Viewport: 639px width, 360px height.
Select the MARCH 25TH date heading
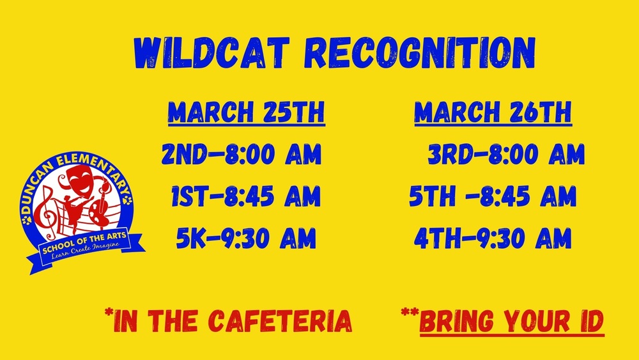click(246, 113)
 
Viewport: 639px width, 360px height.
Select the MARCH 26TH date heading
click(493, 113)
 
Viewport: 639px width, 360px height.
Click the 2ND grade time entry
click(241, 154)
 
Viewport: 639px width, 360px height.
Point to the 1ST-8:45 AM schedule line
click(245, 196)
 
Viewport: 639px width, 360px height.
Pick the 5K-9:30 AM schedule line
click(246, 239)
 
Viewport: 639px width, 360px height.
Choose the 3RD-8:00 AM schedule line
click(506, 154)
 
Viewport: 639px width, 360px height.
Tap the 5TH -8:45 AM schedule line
click(493, 196)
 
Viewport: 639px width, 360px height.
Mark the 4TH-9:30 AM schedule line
click(493, 239)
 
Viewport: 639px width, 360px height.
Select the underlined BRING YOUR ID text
click(511, 320)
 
